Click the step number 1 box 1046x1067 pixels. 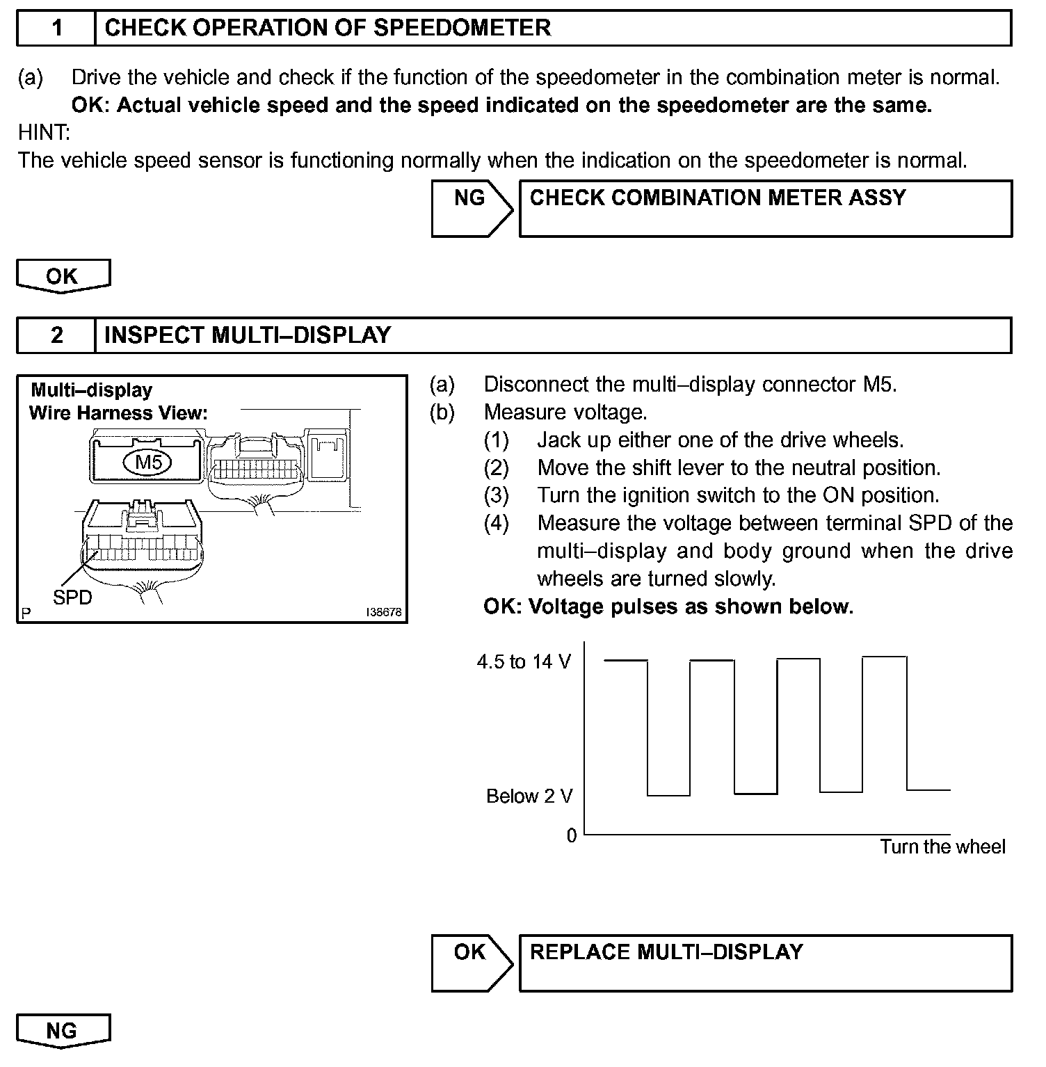(x=56, y=29)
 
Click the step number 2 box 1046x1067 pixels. (x=56, y=336)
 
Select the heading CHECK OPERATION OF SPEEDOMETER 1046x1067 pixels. (x=327, y=29)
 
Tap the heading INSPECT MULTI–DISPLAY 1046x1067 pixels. (x=248, y=336)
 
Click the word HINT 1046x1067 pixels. (x=44, y=132)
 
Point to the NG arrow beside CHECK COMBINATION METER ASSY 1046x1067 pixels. (x=471, y=208)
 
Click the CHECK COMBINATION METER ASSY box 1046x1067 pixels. (x=765, y=208)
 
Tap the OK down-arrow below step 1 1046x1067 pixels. (x=63, y=276)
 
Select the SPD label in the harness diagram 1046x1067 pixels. (x=72, y=597)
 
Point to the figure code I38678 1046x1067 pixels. (x=385, y=613)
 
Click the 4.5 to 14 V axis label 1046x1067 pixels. (x=524, y=662)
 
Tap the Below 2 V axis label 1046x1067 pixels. (x=529, y=796)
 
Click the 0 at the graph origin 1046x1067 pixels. (x=572, y=836)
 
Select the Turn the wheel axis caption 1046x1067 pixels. (x=942, y=847)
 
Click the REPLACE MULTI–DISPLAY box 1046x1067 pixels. (x=765, y=963)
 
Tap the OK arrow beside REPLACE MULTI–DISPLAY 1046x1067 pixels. (x=471, y=963)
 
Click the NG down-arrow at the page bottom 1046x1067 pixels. (x=63, y=1031)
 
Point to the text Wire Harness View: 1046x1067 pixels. (x=118, y=413)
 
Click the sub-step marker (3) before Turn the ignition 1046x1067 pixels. (x=497, y=495)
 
